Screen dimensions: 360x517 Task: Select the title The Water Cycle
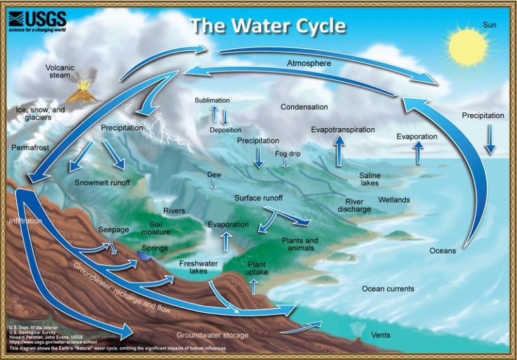[268, 26]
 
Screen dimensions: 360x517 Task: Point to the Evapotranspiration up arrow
[339, 150]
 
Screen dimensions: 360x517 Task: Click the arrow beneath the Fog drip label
[285, 164]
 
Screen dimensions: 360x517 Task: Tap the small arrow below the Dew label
[214, 183]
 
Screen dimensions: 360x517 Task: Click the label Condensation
[304, 107]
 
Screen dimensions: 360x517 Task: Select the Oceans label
[442, 251]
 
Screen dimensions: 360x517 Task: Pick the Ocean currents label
[388, 289]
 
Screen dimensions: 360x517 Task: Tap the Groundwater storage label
[212, 335]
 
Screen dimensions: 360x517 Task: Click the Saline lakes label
[370, 179]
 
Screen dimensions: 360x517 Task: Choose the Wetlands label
[394, 200]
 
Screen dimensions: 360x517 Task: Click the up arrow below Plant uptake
[254, 287]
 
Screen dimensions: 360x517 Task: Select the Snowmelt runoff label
[102, 182]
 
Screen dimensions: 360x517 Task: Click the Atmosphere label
[310, 64]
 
